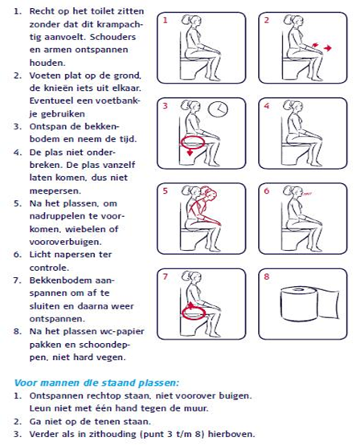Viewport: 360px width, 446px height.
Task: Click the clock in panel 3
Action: [x=218, y=109]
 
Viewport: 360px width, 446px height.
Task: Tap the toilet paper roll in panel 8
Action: [x=310, y=304]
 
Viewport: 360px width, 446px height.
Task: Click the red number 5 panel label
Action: [x=166, y=190]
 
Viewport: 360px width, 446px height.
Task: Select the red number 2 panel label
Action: [x=267, y=20]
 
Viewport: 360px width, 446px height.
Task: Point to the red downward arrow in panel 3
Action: [x=190, y=152]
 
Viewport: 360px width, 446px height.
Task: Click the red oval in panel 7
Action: [x=194, y=312]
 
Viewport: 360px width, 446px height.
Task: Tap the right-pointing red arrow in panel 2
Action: [x=328, y=48]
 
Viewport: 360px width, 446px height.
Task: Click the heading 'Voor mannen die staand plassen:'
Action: [x=97, y=383]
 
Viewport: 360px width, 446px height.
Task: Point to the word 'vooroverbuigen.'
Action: [x=65, y=242]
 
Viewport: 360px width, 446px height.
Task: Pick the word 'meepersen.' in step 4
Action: [x=55, y=190]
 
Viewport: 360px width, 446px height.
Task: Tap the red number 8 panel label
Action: [x=267, y=276]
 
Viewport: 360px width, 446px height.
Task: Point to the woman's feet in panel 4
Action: [x=317, y=164]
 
